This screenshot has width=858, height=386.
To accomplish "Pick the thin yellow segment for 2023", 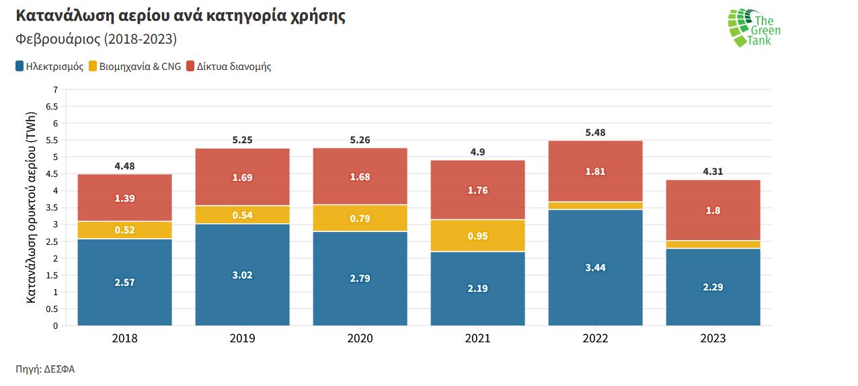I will coord(713,244).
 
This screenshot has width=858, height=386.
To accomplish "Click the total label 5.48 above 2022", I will coord(595,132).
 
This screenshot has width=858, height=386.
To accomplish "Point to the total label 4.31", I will coord(713,171).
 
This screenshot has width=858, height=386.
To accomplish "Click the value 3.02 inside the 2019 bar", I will coord(242,275).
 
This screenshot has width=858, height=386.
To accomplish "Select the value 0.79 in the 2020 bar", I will coord(360,219).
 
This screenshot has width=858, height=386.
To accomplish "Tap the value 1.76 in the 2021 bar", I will coord(477,190).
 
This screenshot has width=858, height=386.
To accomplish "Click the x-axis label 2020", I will coord(360,338).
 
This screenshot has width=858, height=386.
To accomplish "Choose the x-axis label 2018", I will coord(125,338).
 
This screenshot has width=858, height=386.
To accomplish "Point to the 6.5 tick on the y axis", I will coord(52,106).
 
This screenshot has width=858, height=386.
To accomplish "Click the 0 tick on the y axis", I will coord(55,325).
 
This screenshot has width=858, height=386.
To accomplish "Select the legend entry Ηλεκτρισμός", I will coord(54,67).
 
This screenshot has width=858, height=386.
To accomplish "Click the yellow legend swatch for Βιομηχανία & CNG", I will coord(93,67).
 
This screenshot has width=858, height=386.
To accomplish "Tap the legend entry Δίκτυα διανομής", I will coord(233,67).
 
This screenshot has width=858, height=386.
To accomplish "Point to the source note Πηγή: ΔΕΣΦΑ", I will coord(45,369).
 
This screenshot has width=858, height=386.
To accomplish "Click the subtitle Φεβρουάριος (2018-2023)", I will coord(95,40).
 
